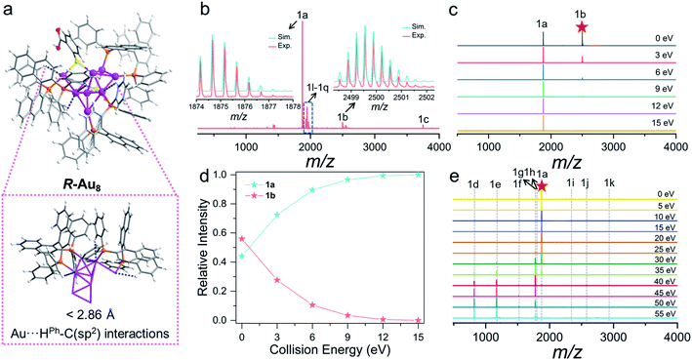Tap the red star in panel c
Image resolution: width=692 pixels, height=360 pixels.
point(583,28)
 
